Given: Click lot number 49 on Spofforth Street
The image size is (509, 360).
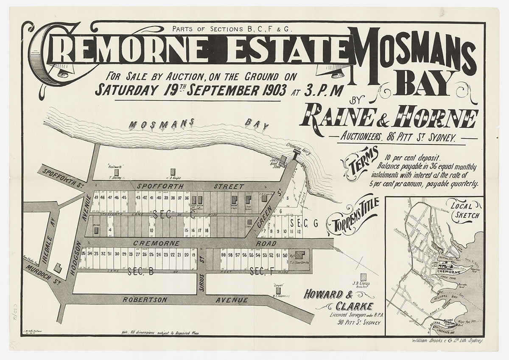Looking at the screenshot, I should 97,198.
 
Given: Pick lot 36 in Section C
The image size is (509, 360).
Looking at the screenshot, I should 187,198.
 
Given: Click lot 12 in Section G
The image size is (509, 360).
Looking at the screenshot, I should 299,231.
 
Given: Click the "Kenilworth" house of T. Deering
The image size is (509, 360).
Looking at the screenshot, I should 110,173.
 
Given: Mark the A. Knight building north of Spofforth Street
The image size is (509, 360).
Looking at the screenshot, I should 172,171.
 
